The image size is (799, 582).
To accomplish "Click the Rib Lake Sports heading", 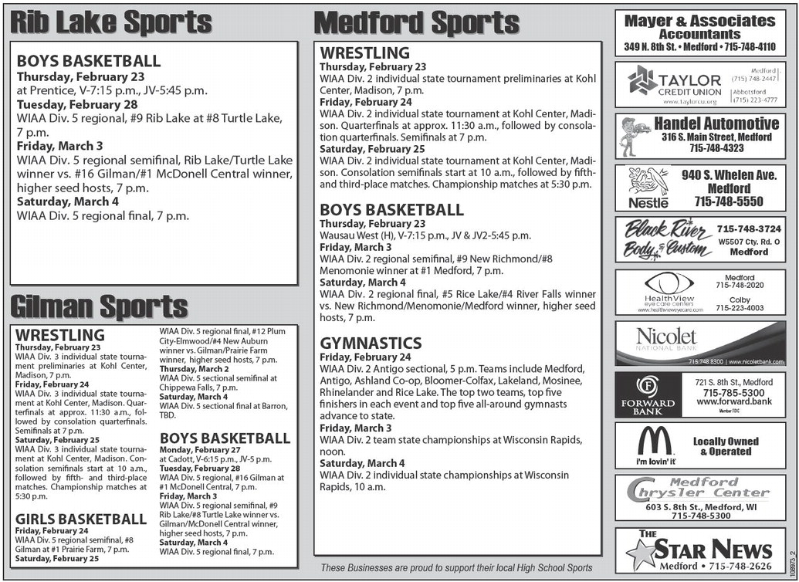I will pos(110,22).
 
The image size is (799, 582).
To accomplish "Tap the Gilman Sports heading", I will pos(98,306).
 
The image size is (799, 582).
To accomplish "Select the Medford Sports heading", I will pos(417,22).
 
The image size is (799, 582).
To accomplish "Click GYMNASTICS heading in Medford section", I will pos(371,343).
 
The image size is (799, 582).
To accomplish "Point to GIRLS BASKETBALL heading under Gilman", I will pos(80,519).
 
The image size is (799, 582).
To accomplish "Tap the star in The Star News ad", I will pos(640,553).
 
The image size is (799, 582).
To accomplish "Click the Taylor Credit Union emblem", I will pos(642,80).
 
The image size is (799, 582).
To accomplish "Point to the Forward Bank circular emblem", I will pos(647,386).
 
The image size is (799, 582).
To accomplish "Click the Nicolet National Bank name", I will pos(665,337).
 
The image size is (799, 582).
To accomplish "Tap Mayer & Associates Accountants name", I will pos(699,27).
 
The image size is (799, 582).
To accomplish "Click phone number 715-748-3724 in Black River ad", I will pos(748,229).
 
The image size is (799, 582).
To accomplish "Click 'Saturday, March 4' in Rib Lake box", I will pos(68,201).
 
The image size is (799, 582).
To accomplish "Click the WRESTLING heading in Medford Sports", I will pos(364,53).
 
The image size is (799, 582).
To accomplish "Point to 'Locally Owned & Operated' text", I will pos(725,446).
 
